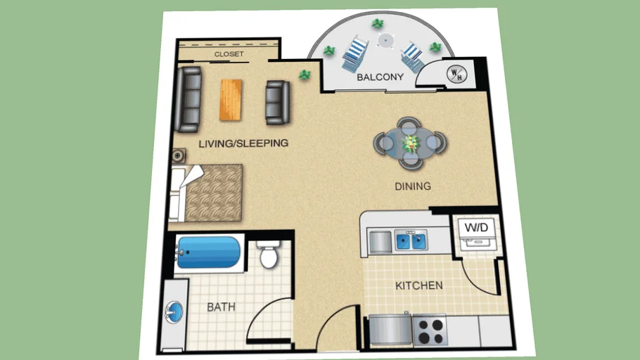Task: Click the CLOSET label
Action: pyautogui.click(x=229, y=54)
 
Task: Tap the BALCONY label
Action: pyautogui.click(x=380, y=77)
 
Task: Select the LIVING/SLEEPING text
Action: pyautogui.click(x=243, y=143)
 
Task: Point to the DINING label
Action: pyautogui.click(x=412, y=186)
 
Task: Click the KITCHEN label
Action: pyautogui.click(x=418, y=285)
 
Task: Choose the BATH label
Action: pyautogui.click(x=221, y=307)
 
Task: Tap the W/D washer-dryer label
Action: pyautogui.click(x=478, y=227)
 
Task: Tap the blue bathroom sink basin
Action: pyautogui.click(x=174, y=311)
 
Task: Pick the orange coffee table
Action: pyautogui.click(x=231, y=99)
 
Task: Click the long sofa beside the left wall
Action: pyautogui.click(x=188, y=99)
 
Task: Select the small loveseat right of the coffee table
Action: pyautogui.click(x=277, y=102)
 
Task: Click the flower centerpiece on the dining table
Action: pyautogui.click(x=410, y=143)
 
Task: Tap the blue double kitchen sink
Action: pyautogui.click(x=411, y=241)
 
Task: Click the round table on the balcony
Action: pyautogui.click(x=385, y=40)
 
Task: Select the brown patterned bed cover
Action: pyautogui.click(x=214, y=192)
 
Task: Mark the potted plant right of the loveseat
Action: pyautogui.click(x=305, y=73)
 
